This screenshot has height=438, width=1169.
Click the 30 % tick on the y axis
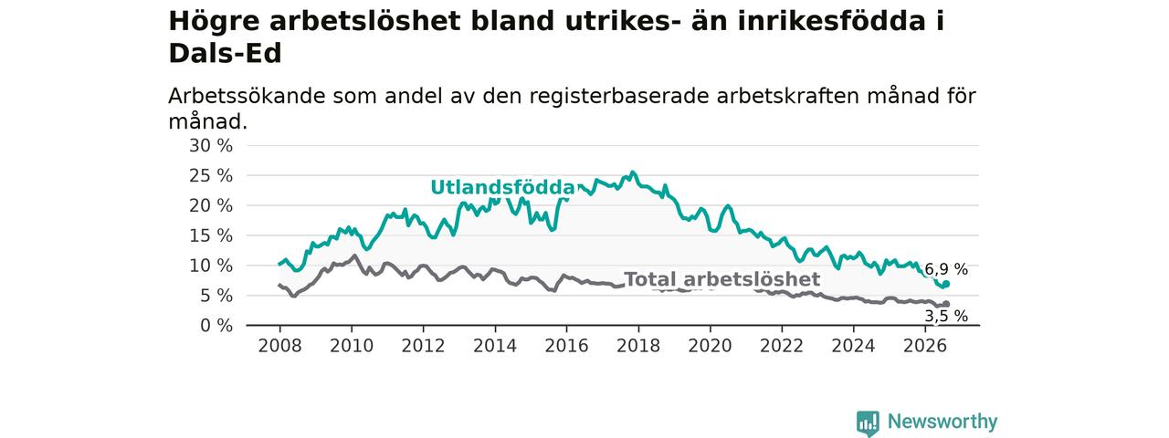[211, 146]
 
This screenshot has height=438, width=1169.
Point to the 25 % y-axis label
[211, 176]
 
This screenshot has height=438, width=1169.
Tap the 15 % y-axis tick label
[211, 236]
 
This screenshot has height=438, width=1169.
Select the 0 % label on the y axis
[216, 326]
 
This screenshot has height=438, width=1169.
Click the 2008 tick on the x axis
[279, 346]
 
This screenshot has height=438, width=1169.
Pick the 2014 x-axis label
[495, 346]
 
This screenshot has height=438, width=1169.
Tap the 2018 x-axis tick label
[638, 346]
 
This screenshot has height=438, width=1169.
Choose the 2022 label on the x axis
[782, 346]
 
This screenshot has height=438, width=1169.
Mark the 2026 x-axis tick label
[925, 346]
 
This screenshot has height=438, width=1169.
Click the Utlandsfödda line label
[502, 188]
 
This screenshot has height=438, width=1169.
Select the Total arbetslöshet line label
[722, 279]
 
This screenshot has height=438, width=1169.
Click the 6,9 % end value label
[946, 269]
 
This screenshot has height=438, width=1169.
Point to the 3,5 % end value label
[946, 316]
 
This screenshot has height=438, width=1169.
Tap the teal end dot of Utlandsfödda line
[946, 284]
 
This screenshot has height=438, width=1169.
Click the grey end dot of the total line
[946, 304]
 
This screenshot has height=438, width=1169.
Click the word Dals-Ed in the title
[225, 53]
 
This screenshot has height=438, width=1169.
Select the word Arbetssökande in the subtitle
[247, 97]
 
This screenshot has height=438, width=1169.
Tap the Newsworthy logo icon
[868, 422]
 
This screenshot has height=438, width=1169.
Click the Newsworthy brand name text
[943, 422]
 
